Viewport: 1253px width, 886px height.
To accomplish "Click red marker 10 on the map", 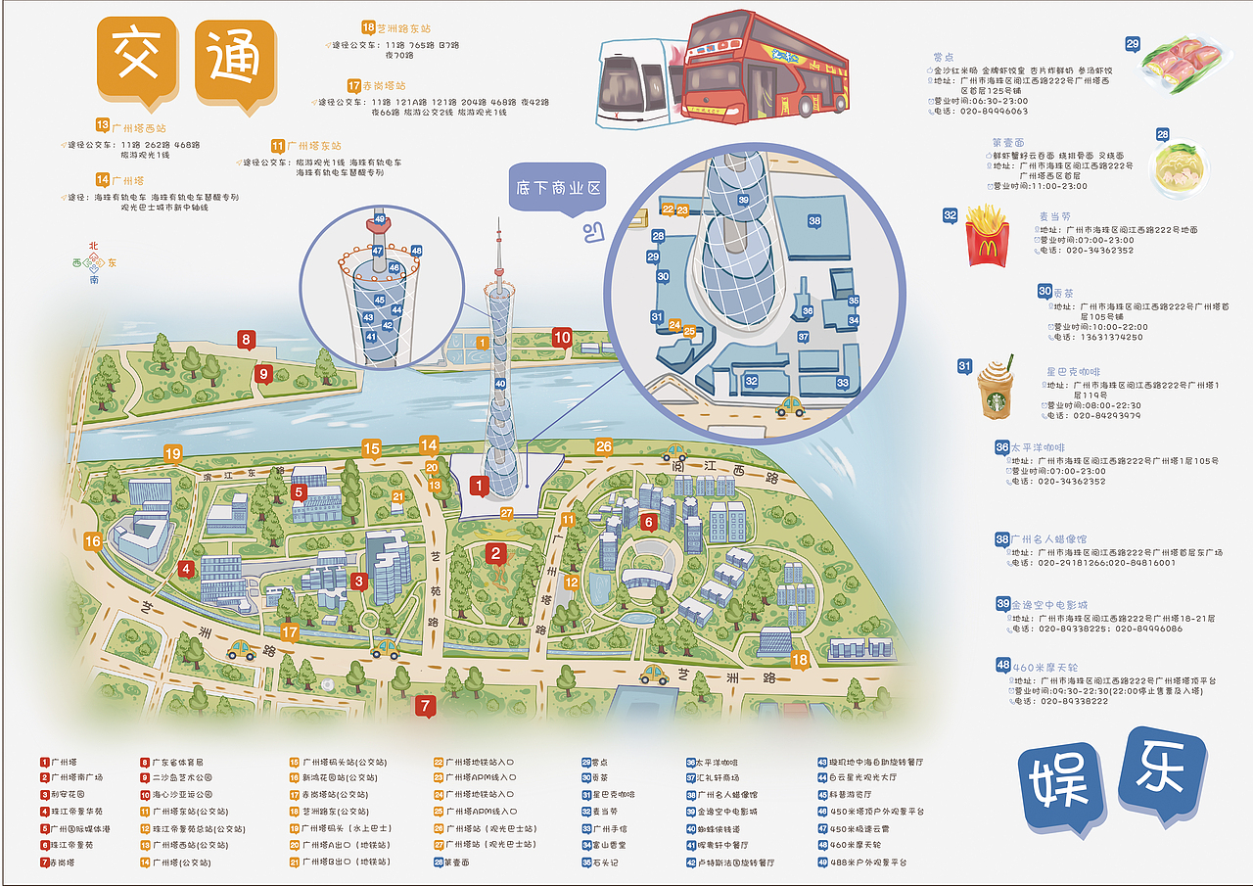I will (562, 338).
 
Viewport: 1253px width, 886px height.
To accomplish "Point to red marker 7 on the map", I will (424, 704).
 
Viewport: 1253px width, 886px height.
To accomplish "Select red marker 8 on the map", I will (246, 341).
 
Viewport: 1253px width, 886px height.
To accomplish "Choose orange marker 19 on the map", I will (173, 453).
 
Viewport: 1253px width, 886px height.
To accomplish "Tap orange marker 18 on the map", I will (800, 660).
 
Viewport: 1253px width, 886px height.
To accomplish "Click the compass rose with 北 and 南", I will (94, 262).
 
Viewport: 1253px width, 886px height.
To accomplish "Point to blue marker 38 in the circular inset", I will (814, 221).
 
